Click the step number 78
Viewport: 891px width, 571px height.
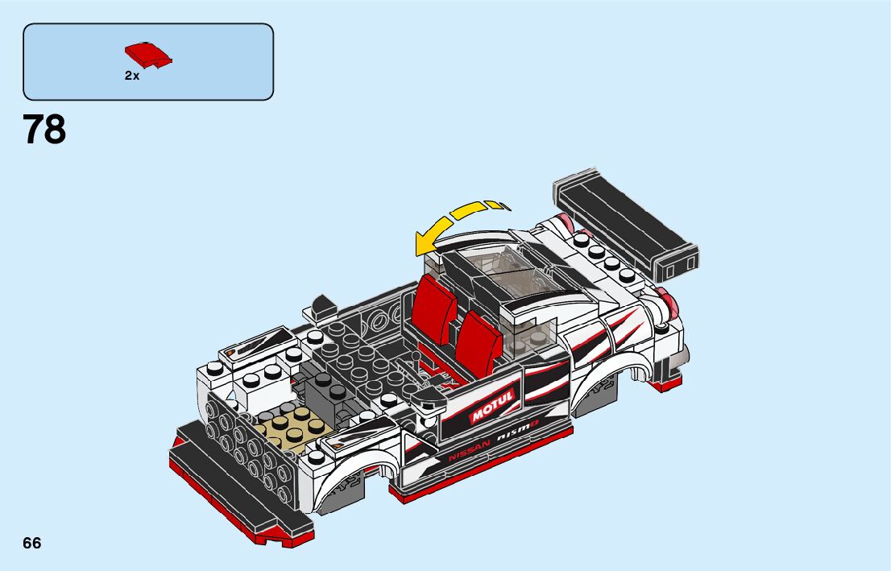(44, 130)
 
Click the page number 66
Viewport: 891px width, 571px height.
(32, 543)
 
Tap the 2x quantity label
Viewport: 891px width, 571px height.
(132, 76)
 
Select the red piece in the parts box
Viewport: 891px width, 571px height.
(148, 55)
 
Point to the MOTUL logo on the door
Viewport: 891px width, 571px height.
(492, 405)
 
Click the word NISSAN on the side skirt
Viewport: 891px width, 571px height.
(469, 452)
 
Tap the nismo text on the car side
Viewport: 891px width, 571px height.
(517, 432)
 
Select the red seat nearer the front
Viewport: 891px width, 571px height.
(479, 345)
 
